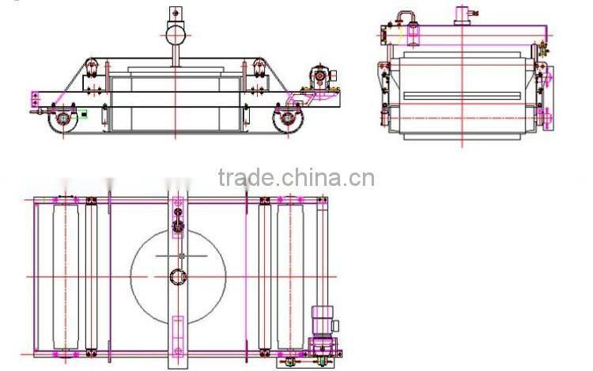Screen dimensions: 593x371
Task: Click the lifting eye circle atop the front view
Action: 175,33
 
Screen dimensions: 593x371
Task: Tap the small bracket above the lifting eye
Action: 175,13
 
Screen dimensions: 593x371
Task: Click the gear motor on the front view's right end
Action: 319,76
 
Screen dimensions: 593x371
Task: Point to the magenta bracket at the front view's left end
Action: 34,100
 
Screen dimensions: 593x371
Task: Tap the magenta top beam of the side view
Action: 474,28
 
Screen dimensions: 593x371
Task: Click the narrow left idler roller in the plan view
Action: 91,277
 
